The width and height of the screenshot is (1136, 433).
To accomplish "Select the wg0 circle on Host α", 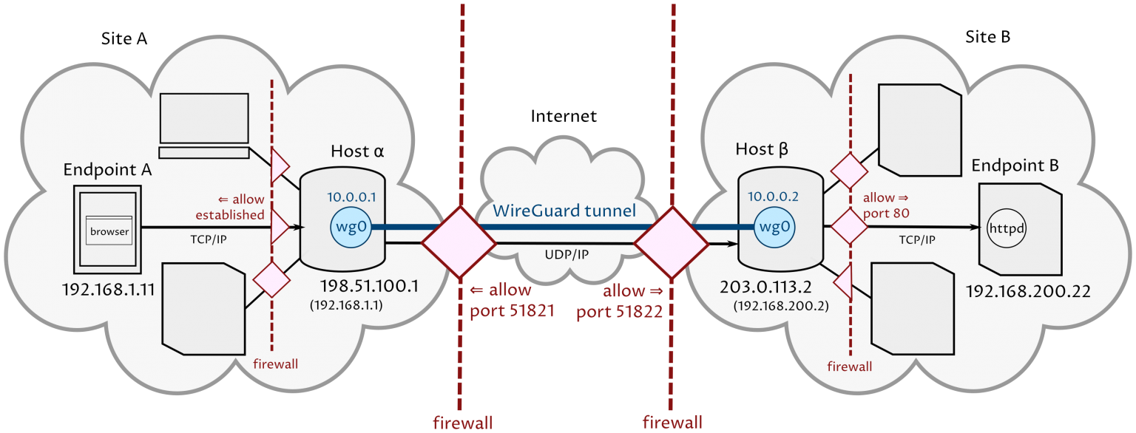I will pos(351,227).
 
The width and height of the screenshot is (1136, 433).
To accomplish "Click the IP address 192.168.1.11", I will pos(109,289).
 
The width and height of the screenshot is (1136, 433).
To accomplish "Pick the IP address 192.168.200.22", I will pos(1028,292).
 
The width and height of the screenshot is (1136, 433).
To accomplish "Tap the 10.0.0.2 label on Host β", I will pos(774,197).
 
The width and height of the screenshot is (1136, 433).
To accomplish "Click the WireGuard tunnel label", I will pos(565,211).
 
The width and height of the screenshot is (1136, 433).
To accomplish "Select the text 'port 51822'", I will pos(619,311).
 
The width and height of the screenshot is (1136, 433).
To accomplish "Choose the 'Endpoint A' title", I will pos(107,169).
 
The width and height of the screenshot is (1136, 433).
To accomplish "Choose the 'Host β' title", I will pos(762,150).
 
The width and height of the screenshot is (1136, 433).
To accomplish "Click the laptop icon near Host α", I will pos(205,125).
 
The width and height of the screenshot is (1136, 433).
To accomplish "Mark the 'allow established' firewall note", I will pos(230,208).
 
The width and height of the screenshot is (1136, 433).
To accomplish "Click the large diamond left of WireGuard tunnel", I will pos(459,242).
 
